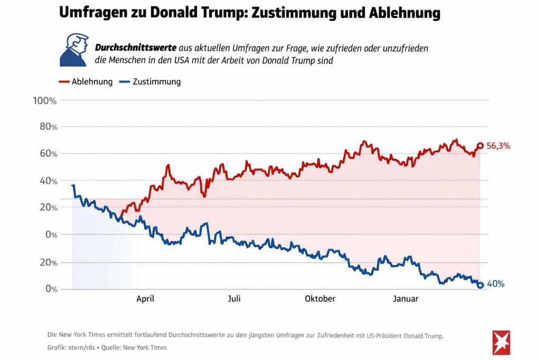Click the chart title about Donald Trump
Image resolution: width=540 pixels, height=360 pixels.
249,13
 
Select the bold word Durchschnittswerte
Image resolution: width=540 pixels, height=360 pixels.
136,48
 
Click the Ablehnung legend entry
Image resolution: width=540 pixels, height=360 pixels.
85,82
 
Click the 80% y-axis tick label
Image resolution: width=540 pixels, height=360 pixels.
46,127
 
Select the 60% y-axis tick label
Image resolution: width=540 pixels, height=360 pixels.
46,154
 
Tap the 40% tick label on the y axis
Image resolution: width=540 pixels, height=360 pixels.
46,181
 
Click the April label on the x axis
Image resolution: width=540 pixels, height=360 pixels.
145,299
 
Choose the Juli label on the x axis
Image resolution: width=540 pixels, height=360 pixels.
234,299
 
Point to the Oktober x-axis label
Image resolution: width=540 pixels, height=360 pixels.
320,299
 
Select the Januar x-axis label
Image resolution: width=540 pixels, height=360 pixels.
406,299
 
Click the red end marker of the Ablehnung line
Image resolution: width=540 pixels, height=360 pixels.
480,146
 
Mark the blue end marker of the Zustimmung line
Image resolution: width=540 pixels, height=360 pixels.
480,285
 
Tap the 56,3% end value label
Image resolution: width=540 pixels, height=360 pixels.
498,146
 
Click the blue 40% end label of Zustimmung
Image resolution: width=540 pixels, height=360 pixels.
496,284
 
